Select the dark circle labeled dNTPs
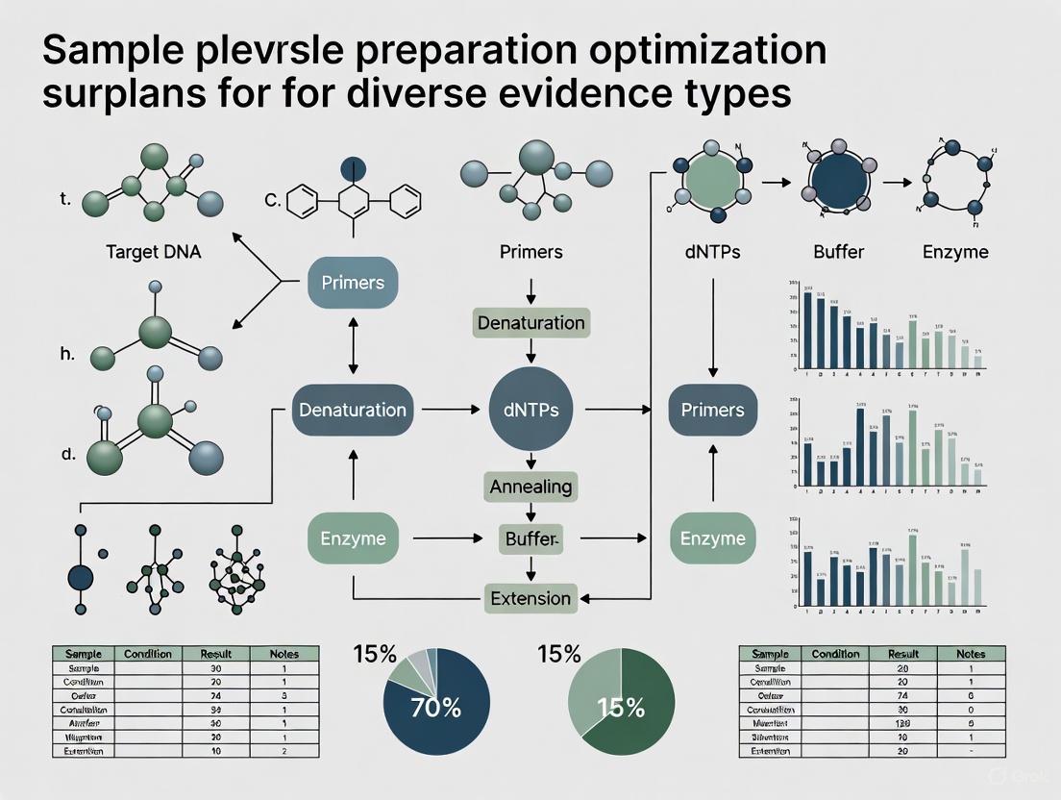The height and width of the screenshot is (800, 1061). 524,410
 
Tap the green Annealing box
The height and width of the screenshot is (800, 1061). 530,487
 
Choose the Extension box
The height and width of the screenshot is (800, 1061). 530,598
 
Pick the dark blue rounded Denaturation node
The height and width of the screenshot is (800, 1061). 353,410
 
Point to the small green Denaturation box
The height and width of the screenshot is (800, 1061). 530,323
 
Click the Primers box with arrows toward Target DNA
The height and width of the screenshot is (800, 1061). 353,283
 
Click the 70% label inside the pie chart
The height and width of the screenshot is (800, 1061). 435,710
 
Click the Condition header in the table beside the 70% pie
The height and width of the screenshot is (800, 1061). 149,654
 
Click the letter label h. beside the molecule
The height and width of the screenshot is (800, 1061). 67,354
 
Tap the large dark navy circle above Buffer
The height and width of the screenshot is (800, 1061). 838,178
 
